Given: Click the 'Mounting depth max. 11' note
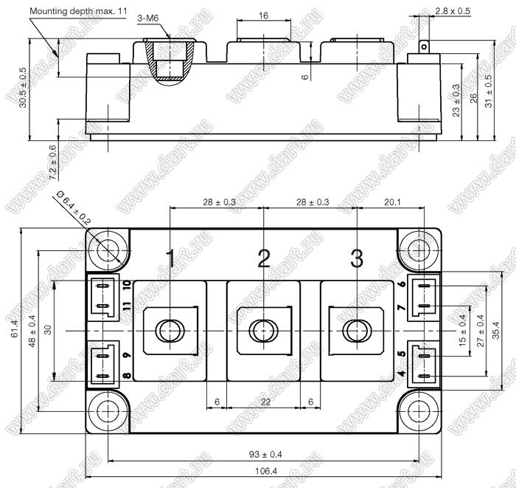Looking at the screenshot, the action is click(x=78, y=11).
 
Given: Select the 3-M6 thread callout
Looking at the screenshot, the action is click(x=148, y=18).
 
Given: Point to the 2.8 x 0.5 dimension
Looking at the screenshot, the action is click(x=453, y=11).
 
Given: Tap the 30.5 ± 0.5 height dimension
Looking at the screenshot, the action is click(x=23, y=88).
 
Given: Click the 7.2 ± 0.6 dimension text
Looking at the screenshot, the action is click(x=52, y=162).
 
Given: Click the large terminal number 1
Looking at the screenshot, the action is click(x=170, y=258).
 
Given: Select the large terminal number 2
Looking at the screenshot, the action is click(x=264, y=258).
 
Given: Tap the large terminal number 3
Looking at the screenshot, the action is click(x=357, y=258).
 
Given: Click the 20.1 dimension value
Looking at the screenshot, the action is click(x=392, y=202).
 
